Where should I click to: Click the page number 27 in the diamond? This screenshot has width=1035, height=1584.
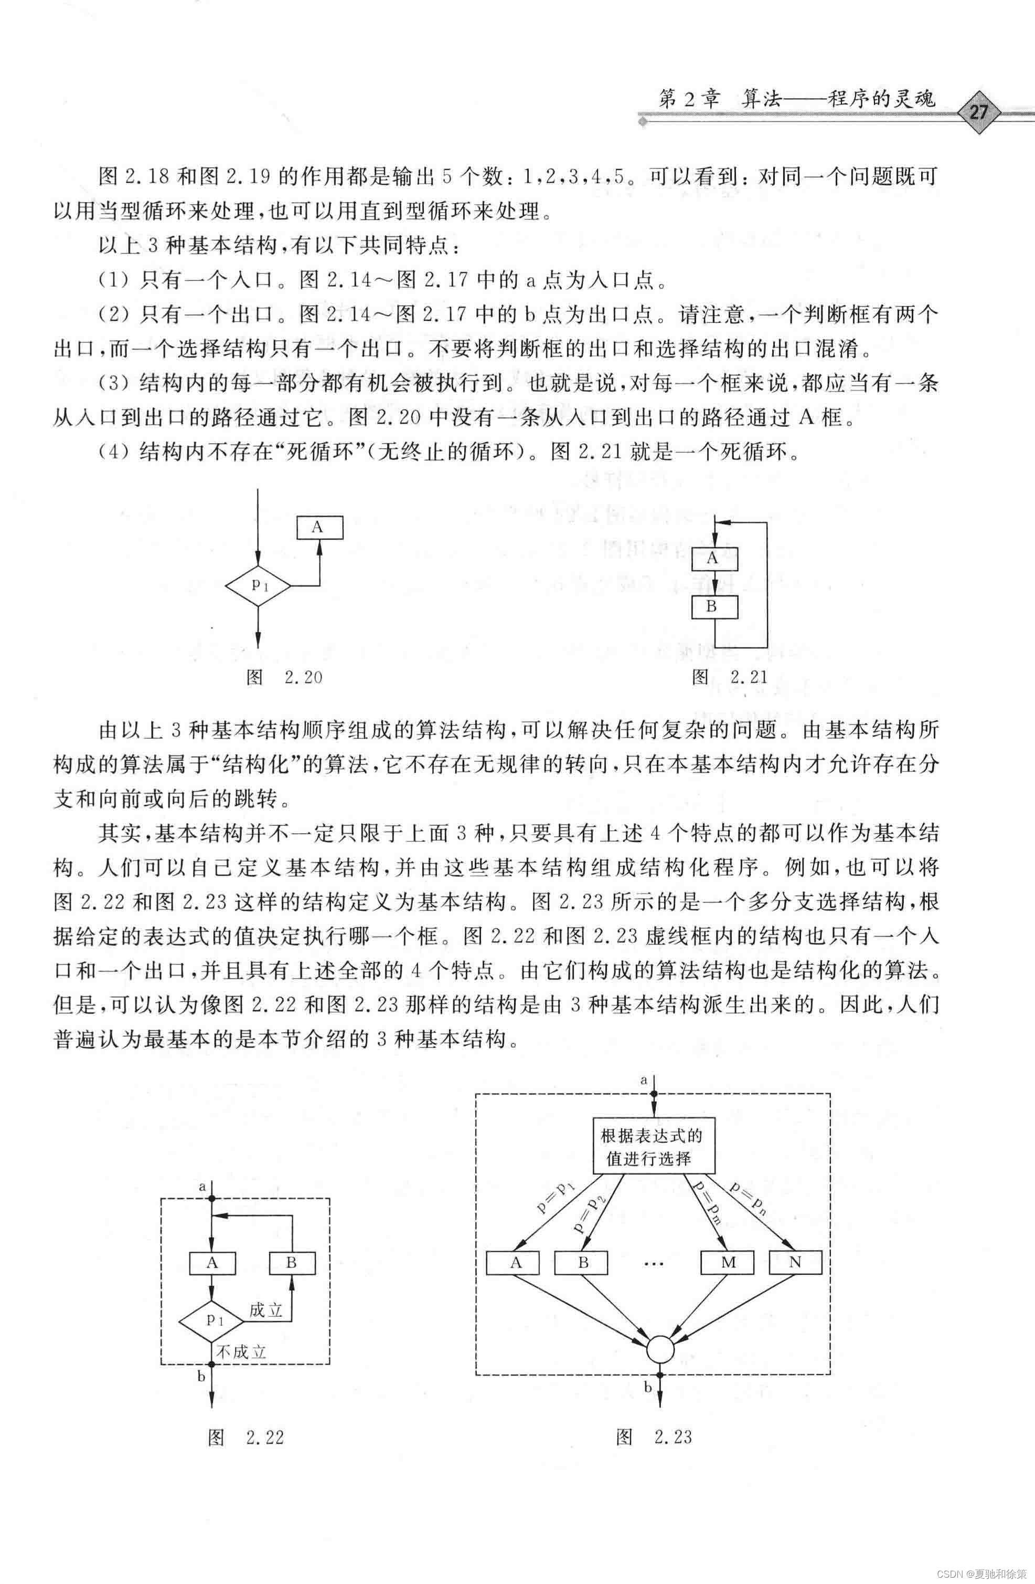(978, 112)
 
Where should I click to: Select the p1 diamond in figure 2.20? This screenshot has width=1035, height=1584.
(258, 586)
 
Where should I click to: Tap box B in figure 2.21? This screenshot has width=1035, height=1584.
(714, 607)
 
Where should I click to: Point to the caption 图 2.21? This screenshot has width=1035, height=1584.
(730, 677)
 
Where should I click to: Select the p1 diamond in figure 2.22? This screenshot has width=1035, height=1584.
(212, 1320)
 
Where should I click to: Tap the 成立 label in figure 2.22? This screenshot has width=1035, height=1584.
(266, 1310)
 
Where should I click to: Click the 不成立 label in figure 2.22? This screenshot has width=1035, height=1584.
(241, 1352)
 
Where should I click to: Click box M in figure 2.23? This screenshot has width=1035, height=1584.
(728, 1263)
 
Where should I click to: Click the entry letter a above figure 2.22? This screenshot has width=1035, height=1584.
(203, 1186)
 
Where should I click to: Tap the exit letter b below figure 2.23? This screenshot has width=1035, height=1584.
(647, 1388)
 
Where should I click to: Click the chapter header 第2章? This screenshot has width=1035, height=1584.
(688, 99)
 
